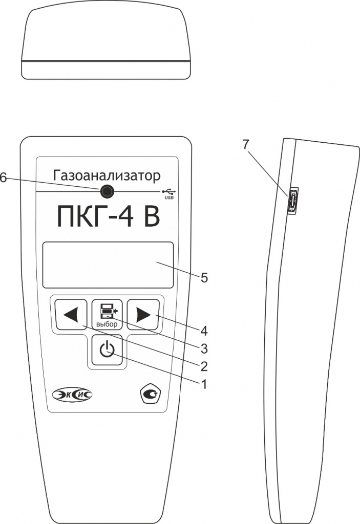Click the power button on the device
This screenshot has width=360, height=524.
tap(107, 350)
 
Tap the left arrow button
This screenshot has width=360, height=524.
tap(71, 315)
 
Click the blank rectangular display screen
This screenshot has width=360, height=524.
tap(108, 265)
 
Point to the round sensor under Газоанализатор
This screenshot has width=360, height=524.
tap(107, 191)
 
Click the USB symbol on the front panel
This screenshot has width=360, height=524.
tap(170, 193)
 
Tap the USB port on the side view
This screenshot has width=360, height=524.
tap(292, 201)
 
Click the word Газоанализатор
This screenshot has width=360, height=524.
tap(107, 176)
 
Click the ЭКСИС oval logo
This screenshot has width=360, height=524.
tap(72, 395)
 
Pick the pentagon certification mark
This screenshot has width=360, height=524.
tap(151, 395)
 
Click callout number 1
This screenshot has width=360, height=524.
tap(203, 384)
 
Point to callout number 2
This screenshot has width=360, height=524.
tap(204, 366)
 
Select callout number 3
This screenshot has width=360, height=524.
tap(204, 349)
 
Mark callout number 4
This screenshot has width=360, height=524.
tap(204, 331)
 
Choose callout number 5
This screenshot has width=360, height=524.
tap(204, 278)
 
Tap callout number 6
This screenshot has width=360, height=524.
tap(3, 178)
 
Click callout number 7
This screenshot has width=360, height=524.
tap(246, 144)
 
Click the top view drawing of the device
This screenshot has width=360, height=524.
tap(106, 44)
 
